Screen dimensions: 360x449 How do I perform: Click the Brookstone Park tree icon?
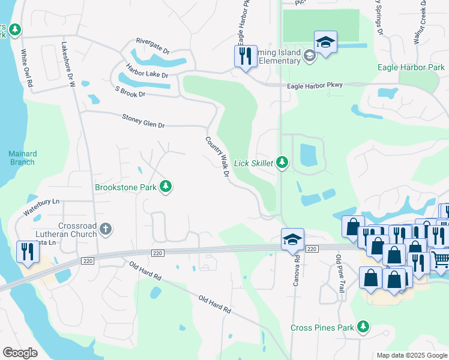tap(166, 187)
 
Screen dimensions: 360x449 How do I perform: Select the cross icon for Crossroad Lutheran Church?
tap(106, 228)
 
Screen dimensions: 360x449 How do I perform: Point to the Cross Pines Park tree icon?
tap(363, 327)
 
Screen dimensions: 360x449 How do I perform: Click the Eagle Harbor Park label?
tap(411, 68)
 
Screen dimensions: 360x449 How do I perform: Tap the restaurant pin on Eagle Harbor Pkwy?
tap(245, 57)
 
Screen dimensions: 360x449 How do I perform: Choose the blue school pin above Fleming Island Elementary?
tap(325, 43)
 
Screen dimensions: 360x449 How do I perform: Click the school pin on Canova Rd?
tap(292, 240)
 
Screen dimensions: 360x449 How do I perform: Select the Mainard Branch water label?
tap(22, 158)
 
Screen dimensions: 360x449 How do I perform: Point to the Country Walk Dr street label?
tap(217, 157)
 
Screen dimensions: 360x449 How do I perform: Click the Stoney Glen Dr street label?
tap(143, 121)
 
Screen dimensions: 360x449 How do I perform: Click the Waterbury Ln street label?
tap(42, 208)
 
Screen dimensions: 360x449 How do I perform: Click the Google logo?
tap(20, 352)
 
